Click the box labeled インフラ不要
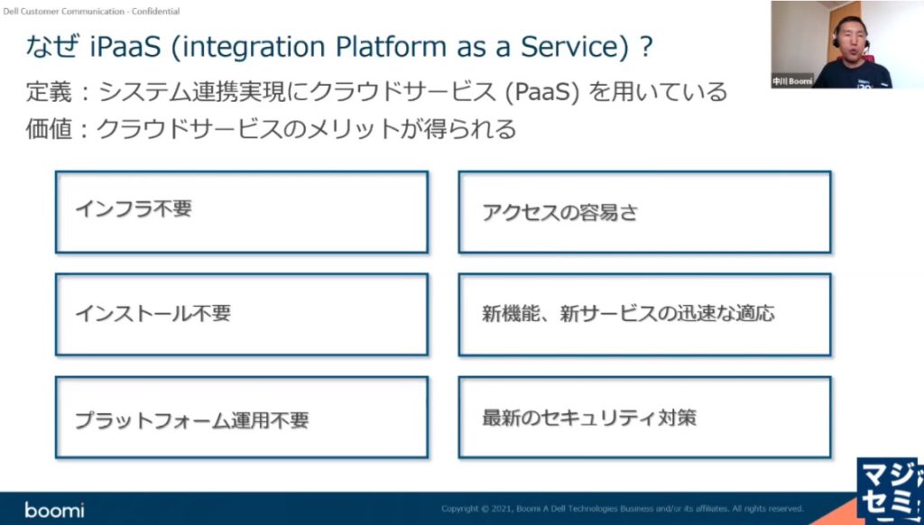coord(241,212)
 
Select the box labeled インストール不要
coord(241,314)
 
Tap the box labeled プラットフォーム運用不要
coord(241,418)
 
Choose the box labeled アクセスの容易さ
coord(644,212)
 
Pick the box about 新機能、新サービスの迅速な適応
coord(644,314)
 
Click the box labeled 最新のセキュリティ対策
coord(644,418)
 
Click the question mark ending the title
coord(645,47)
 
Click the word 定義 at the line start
coord(47,92)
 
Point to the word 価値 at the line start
coord(47,129)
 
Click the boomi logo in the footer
coord(54,510)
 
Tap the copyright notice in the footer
coord(623,509)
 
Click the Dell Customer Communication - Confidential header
coord(91,12)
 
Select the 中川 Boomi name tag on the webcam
coord(792,80)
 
